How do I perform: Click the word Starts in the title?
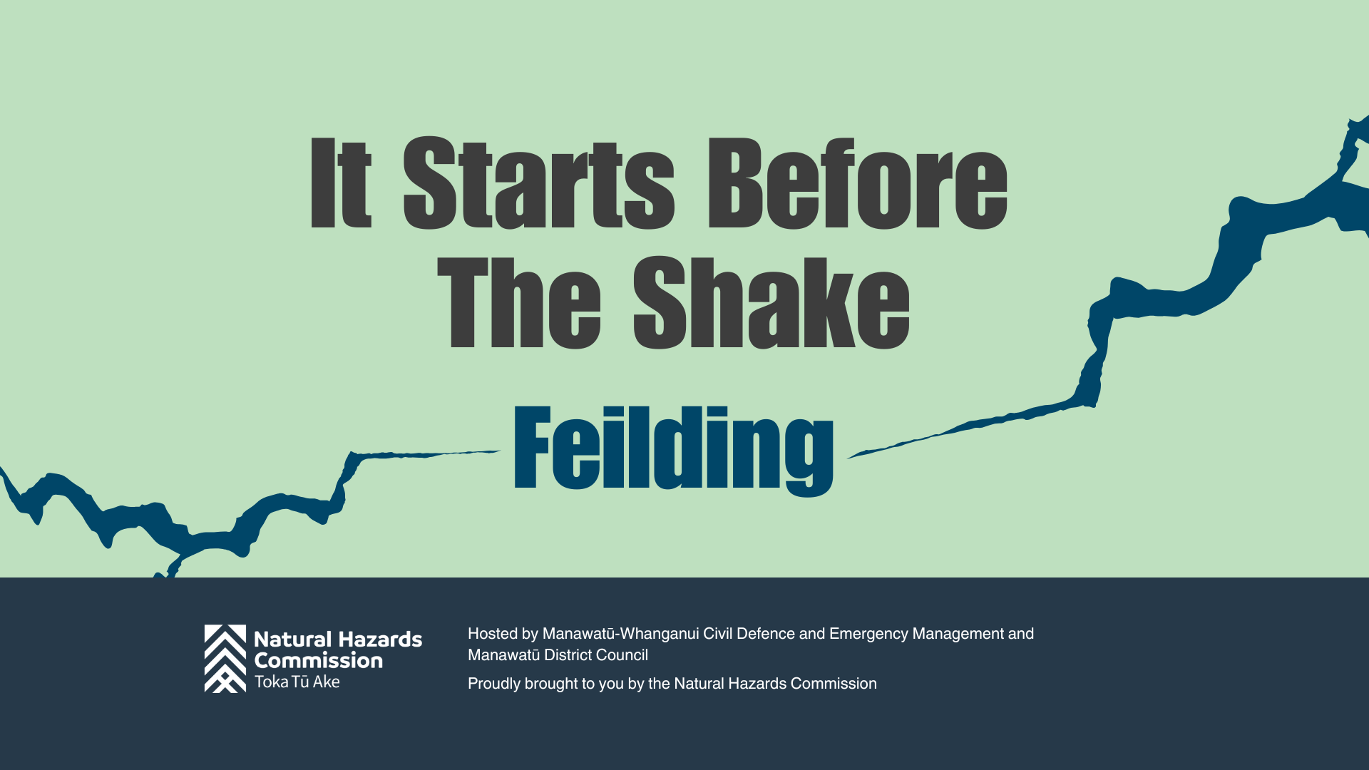click(539, 183)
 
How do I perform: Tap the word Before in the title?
click(857, 183)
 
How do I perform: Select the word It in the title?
click(341, 183)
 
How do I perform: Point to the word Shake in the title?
click(771, 303)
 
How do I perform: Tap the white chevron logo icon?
click(225, 659)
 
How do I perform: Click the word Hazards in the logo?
click(379, 640)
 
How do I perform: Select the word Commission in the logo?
click(319, 660)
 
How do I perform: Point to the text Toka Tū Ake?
click(297, 682)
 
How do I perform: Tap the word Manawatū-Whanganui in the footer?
click(621, 634)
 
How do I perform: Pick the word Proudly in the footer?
click(494, 684)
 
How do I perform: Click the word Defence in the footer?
click(766, 634)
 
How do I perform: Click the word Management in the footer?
click(958, 634)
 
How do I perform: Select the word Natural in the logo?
click(293, 640)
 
